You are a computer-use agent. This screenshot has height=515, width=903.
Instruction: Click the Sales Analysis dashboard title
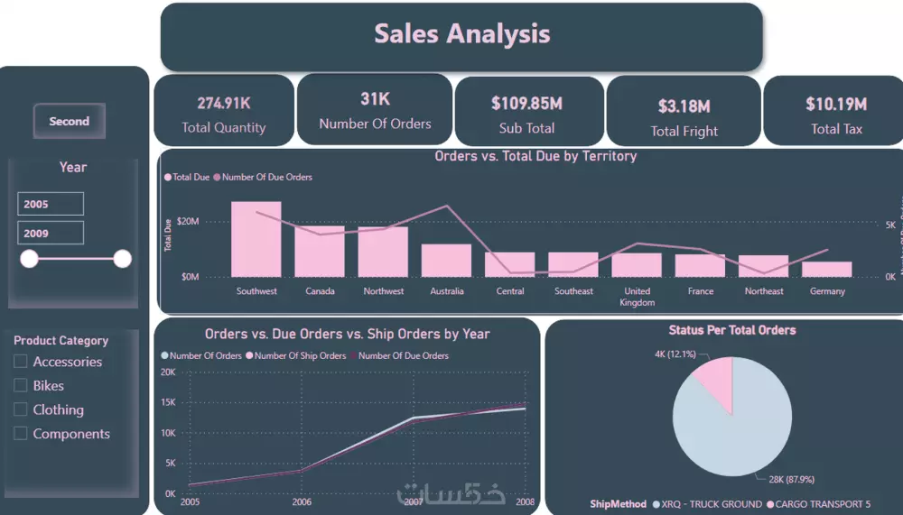point(461,34)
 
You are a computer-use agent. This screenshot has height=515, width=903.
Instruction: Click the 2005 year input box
point(51,204)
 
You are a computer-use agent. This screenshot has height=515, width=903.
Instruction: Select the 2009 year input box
point(51,233)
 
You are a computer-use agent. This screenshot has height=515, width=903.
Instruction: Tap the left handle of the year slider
point(30,260)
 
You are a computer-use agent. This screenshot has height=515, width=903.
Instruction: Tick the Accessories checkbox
point(21,362)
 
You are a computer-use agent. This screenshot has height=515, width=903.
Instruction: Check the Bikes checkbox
point(21,385)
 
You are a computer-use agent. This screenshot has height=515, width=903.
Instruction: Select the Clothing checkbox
point(21,409)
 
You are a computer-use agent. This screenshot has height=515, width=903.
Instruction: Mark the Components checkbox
point(21,434)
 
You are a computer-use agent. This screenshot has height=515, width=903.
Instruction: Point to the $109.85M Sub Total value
point(526,104)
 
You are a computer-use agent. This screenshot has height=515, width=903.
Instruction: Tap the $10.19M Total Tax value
point(836,105)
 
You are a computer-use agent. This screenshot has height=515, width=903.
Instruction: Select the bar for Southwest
point(256,239)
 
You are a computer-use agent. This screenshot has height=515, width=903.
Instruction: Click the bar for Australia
point(446,260)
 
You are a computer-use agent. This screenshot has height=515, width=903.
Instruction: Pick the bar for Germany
point(826,269)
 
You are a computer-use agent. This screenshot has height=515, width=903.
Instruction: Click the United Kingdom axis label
point(637,297)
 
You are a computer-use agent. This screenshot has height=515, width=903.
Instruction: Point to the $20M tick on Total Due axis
point(189,221)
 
